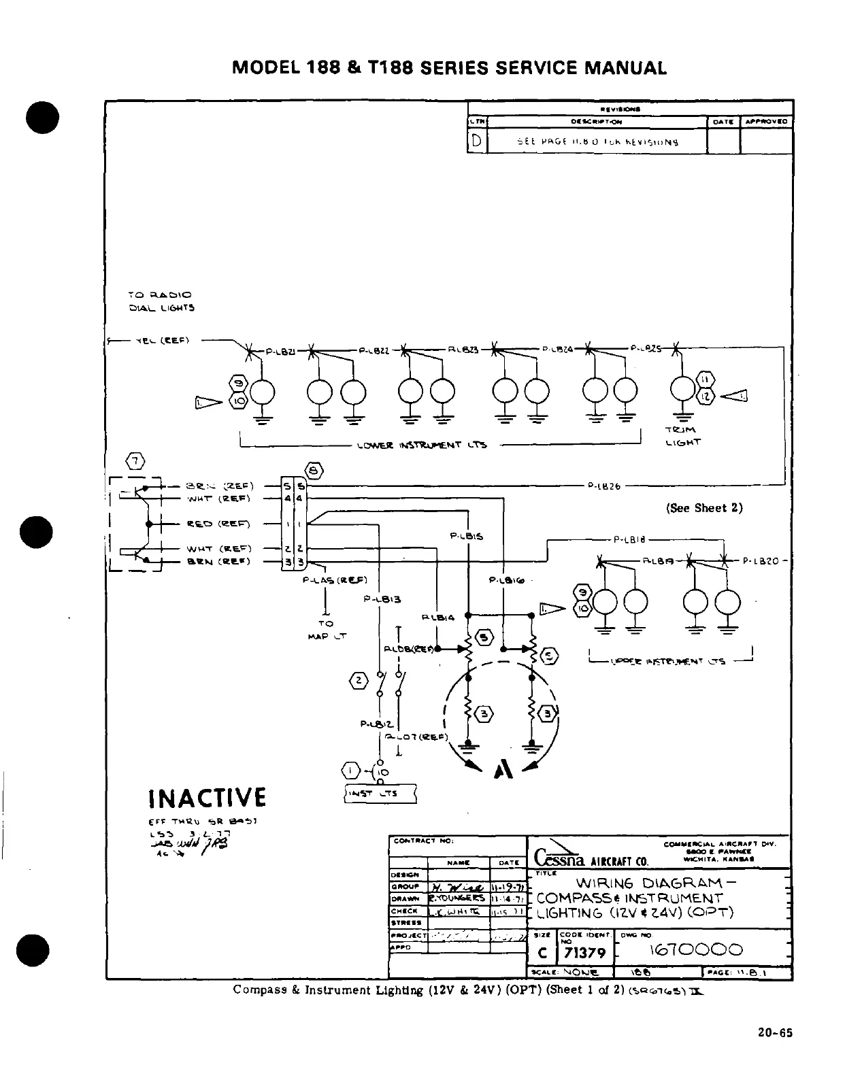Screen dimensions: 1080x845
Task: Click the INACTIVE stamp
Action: tap(207, 796)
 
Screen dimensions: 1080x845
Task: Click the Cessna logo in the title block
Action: tap(559, 856)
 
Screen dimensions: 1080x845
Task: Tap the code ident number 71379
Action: tap(585, 952)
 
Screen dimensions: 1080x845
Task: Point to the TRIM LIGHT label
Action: tap(682, 436)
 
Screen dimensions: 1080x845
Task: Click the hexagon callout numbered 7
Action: tap(136, 462)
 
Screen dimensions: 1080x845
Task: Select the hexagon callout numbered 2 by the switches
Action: tap(359, 680)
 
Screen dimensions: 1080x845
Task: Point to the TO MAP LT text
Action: tap(327, 630)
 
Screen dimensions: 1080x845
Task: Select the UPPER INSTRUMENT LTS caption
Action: tap(669, 660)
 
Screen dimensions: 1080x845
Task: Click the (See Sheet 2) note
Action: tap(704, 508)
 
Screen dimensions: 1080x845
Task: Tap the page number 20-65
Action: tap(776, 1033)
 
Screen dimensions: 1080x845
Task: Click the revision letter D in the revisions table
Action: tap(477, 141)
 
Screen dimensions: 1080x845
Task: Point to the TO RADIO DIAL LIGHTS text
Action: tap(161, 301)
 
